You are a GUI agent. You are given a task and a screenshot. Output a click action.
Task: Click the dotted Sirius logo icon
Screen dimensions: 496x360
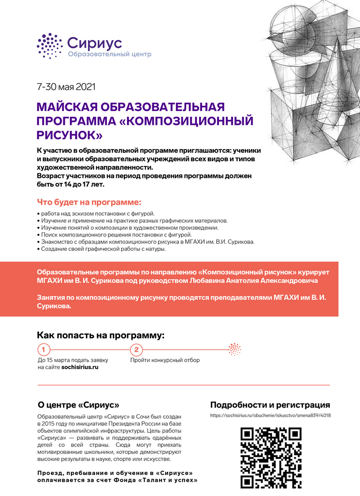[49, 46]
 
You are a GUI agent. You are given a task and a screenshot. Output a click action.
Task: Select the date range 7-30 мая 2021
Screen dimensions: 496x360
[66, 87]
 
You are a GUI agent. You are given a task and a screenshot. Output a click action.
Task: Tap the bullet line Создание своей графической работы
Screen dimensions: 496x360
[101, 249]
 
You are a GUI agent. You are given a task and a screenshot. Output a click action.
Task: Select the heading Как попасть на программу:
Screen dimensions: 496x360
[101, 336]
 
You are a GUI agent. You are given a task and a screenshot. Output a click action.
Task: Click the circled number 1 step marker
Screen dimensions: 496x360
[45, 350]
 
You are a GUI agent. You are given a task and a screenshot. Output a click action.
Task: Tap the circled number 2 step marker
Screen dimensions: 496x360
[136, 350]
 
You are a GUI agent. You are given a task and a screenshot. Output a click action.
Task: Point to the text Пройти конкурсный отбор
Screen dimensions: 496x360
[165, 360]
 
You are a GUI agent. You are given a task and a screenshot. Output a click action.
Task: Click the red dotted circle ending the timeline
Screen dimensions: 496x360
[235, 350]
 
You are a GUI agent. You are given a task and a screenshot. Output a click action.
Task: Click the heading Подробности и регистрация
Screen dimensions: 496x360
[271, 405]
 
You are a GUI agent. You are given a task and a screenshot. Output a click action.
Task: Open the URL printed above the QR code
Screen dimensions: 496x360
[271, 415]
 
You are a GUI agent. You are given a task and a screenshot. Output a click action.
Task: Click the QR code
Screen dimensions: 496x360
[271, 456]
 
